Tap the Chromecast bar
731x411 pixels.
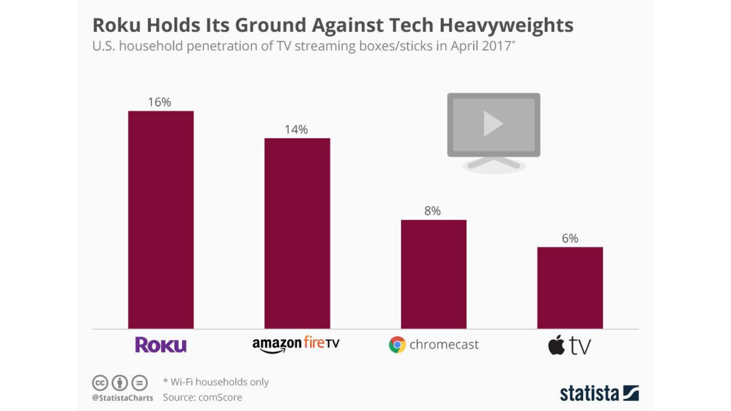(x=433, y=274)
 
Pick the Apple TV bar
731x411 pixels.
(x=570, y=288)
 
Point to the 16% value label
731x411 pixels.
(x=160, y=102)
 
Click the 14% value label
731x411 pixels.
(x=296, y=129)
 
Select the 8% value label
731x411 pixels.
(x=433, y=211)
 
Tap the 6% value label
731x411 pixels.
(x=570, y=238)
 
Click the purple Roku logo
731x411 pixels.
(x=161, y=345)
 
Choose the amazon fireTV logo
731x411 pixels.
(x=296, y=344)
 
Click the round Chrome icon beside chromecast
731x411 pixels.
(x=397, y=344)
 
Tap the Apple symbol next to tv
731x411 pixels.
(x=556, y=345)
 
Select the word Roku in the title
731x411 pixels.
(x=117, y=25)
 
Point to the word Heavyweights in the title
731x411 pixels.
(x=506, y=25)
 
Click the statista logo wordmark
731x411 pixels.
(x=589, y=393)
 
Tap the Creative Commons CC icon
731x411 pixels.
(x=100, y=383)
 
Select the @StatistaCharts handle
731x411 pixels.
(x=123, y=398)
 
